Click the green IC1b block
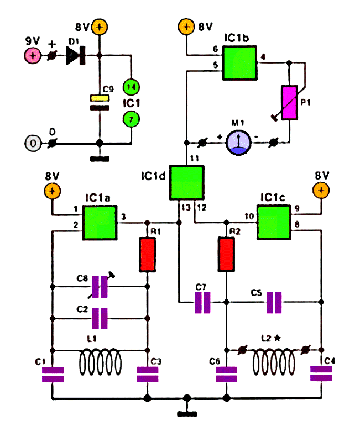click(x=240, y=63)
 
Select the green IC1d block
click(x=186, y=183)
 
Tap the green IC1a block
click(x=100, y=223)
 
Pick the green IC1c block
click(x=274, y=223)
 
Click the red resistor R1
click(x=147, y=255)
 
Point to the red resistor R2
click(x=226, y=255)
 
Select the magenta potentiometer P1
click(x=289, y=103)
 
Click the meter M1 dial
click(x=238, y=143)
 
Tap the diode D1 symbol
click(x=76, y=55)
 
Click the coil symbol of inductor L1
click(x=100, y=362)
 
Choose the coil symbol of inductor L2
click(x=274, y=362)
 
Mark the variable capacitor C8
click(x=100, y=287)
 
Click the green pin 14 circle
click(x=131, y=87)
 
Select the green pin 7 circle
click(x=131, y=119)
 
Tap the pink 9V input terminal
click(x=33, y=55)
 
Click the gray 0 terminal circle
click(x=33, y=144)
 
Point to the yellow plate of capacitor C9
click(x=100, y=98)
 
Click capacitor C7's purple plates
click(x=202, y=303)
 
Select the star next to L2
click(x=278, y=338)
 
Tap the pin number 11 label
click(x=195, y=159)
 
